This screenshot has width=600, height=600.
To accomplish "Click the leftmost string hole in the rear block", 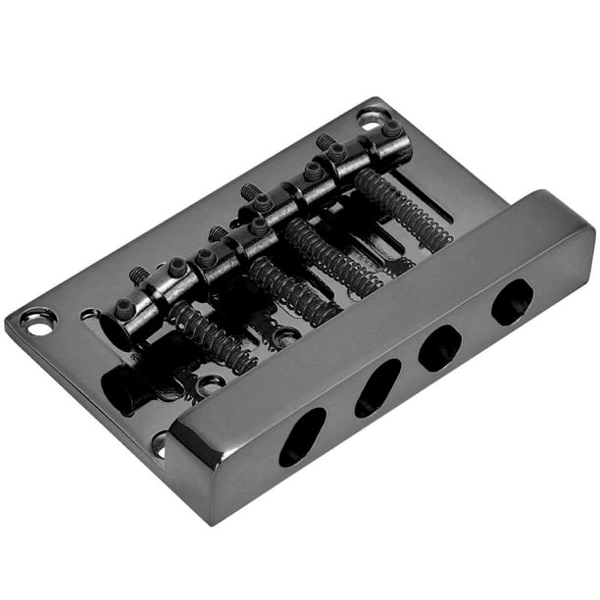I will (302, 436).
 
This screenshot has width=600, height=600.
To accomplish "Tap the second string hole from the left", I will (377, 387).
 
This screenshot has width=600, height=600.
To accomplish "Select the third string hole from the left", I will (440, 346).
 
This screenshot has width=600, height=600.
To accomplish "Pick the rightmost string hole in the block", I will (511, 301).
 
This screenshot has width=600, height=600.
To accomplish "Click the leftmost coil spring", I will (211, 336).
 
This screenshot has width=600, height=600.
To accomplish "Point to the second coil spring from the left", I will (293, 290).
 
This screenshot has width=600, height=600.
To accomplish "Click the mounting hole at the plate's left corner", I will (37, 322).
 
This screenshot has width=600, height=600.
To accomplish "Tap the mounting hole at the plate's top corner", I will (373, 118).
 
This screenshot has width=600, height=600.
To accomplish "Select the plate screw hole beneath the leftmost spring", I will (209, 384).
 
